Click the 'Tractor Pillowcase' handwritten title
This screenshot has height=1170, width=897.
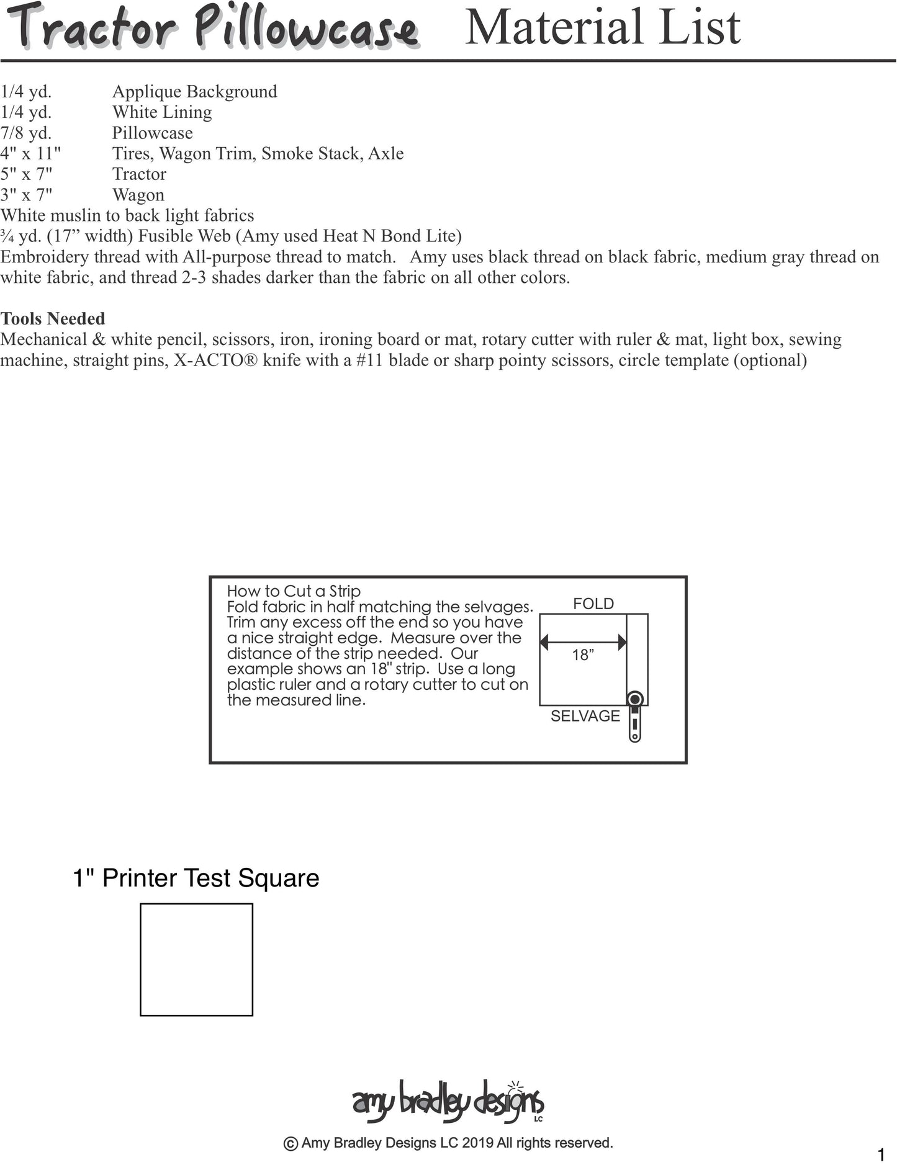[x=214, y=28]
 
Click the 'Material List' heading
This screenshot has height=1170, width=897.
[x=602, y=27]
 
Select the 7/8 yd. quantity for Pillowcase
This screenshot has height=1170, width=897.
[x=26, y=133]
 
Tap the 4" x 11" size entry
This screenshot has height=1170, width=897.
[x=30, y=153]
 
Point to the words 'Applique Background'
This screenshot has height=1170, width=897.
[x=194, y=92]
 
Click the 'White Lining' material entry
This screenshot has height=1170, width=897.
[x=161, y=112]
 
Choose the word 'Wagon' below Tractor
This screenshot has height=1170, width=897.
[x=138, y=195]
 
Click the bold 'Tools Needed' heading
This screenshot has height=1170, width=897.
[x=53, y=319]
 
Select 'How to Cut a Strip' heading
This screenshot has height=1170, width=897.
[x=294, y=591]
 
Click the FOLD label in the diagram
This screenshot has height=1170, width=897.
[x=593, y=604]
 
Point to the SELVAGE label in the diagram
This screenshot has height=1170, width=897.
[x=585, y=716]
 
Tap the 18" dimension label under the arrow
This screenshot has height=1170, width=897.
[x=583, y=655]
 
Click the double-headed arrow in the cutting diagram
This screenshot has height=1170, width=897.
[x=583, y=643]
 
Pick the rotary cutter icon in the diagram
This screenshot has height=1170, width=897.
[x=634, y=717]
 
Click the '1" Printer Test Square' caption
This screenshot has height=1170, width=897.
[x=196, y=878]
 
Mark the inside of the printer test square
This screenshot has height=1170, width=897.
[x=196, y=960]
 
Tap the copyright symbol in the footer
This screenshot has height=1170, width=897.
[x=290, y=1143]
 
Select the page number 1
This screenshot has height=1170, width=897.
[x=881, y=1155]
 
